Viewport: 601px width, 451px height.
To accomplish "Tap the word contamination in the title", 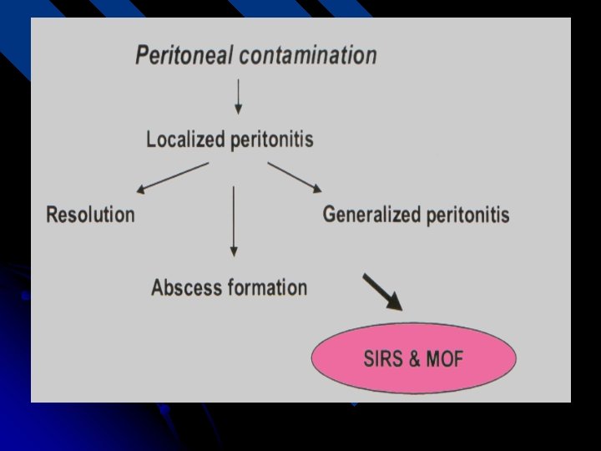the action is click(307, 56).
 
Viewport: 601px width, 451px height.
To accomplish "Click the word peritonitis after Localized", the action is click(273, 139).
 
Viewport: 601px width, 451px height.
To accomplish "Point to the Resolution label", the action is click(90, 215).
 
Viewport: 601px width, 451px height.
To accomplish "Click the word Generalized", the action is click(371, 215).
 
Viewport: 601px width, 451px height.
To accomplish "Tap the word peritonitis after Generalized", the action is click(467, 215).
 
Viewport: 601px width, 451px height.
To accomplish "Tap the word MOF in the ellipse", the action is click(444, 360).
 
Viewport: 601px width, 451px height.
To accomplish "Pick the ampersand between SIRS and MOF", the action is click(415, 360).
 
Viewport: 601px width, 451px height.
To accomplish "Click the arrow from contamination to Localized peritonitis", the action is click(238, 96).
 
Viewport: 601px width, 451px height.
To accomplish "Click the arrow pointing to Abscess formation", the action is click(234, 221).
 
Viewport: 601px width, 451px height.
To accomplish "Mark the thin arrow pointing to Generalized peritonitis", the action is click(295, 176).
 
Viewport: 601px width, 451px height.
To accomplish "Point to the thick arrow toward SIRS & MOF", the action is click(382, 292).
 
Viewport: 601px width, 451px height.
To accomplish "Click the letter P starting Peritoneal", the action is click(143, 56).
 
